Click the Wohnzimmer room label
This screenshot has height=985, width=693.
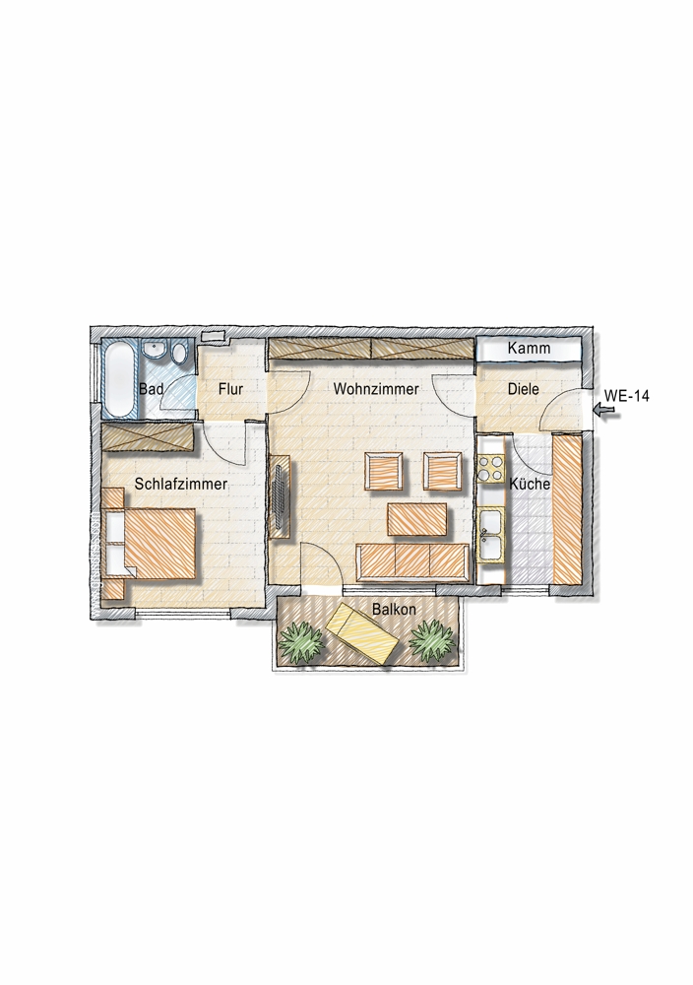[375, 389]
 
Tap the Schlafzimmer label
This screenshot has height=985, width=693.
[181, 484]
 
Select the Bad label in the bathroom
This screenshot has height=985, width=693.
[151, 389]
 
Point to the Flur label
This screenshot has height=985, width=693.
[230, 389]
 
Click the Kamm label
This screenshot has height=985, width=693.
[529, 348]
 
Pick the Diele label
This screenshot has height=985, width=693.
[523, 389]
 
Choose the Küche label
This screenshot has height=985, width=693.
[530, 485]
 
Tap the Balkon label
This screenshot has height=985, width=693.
[394, 609]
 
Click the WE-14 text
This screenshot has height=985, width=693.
[626, 396]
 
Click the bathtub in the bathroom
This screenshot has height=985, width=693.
[120, 379]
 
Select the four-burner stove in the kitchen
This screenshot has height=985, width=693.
[490, 469]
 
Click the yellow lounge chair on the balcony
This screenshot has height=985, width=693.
[361, 632]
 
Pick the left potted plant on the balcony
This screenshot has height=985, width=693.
[302, 641]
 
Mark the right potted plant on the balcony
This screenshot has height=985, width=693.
[432, 640]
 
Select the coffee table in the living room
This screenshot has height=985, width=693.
[419, 519]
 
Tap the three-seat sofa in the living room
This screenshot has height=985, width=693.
[412, 562]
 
